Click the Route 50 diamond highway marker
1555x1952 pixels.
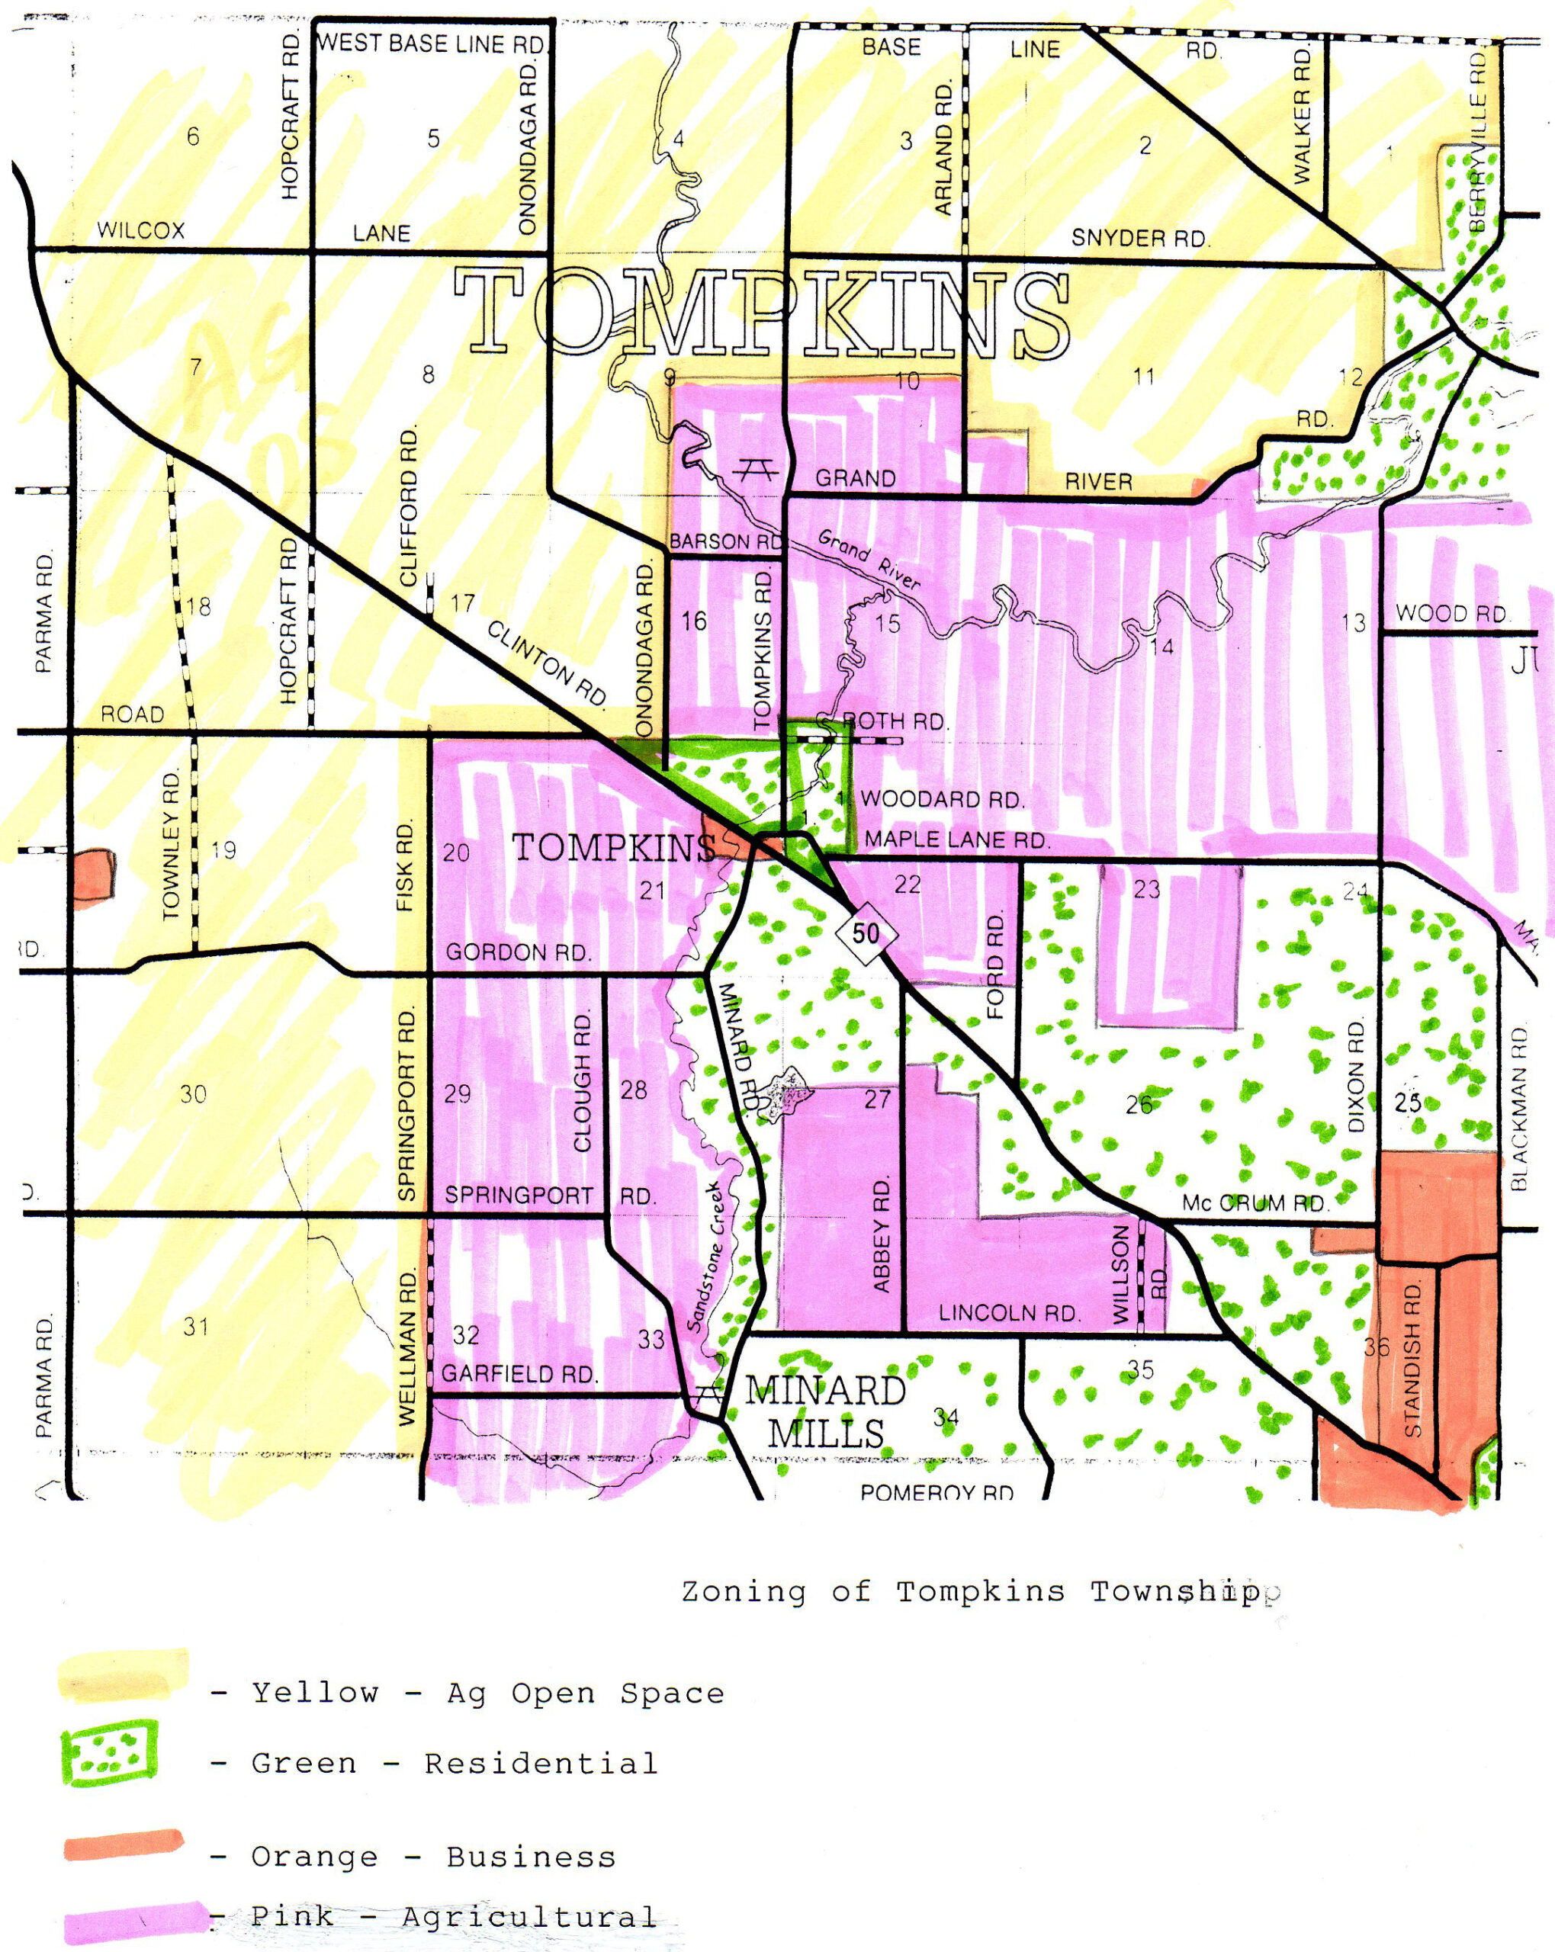click(866, 933)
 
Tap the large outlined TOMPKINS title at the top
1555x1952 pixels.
click(761, 313)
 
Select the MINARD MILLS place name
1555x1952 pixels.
click(825, 1412)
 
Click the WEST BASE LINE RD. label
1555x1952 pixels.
click(431, 43)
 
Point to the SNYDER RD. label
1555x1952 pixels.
click(1140, 238)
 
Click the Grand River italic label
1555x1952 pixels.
click(869, 560)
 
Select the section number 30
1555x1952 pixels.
click(193, 1093)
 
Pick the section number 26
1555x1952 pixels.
click(1139, 1103)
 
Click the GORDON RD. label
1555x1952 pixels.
click(518, 952)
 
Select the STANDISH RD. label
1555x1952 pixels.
click(1414, 1359)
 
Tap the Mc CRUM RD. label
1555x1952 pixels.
click(1255, 1203)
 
